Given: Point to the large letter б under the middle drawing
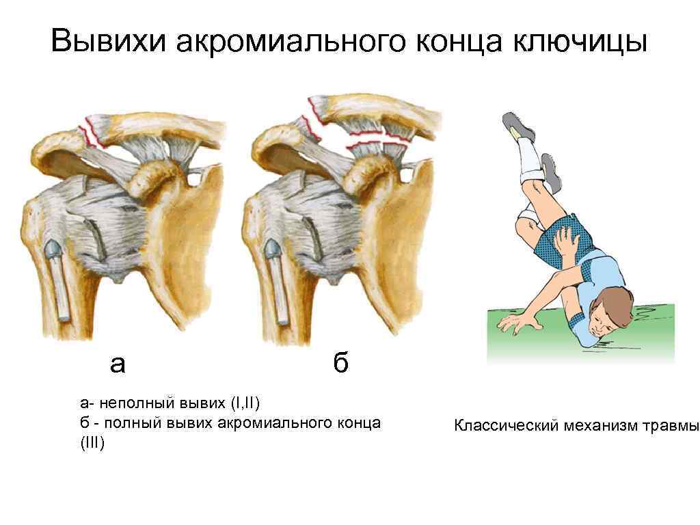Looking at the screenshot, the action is coord(340,364).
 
